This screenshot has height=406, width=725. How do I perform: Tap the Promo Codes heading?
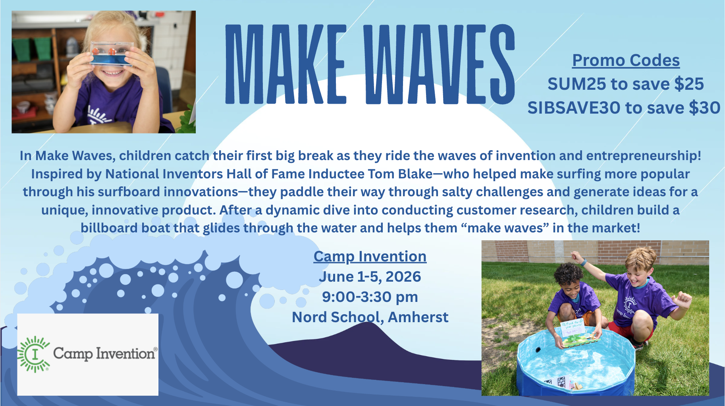click(x=626, y=60)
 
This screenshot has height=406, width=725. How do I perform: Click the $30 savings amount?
click(x=704, y=108)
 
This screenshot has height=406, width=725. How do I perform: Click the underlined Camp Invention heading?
click(x=370, y=257)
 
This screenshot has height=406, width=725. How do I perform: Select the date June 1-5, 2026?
click(x=370, y=277)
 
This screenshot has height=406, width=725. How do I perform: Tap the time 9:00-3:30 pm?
click(x=370, y=297)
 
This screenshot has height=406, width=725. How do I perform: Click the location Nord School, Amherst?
click(x=370, y=317)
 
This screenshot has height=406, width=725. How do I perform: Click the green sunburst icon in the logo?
click(x=34, y=354)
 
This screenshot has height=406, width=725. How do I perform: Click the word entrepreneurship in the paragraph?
click(x=643, y=156)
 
